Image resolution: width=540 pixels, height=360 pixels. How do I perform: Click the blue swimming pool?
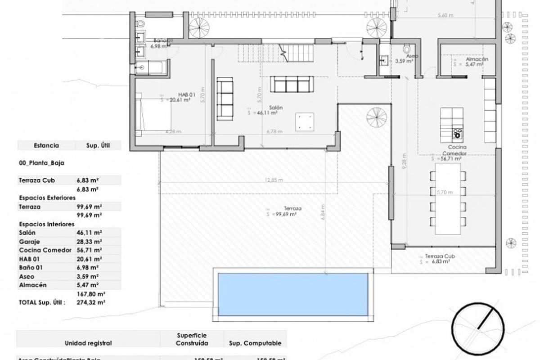pyautogui.click(x=293, y=293)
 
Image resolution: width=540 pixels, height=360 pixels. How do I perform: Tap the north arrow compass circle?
pyautogui.click(x=478, y=326)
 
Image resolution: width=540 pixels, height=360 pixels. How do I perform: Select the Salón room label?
pyautogui.click(x=276, y=108)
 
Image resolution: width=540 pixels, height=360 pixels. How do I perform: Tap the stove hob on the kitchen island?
pyautogui.click(x=458, y=133)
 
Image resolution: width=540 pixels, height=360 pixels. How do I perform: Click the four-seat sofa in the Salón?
pyautogui.click(x=292, y=84)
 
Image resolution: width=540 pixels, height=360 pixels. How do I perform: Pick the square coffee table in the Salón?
pyautogui.click(x=305, y=122)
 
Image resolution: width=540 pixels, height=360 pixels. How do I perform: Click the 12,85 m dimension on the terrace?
pyautogui.click(x=274, y=180)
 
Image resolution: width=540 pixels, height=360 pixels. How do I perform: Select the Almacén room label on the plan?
pyautogui.click(x=477, y=59)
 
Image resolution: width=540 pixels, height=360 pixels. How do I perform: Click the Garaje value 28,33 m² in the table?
pyautogui.click(x=89, y=242)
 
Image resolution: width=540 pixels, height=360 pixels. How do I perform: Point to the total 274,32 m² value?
pyautogui.click(x=91, y=302)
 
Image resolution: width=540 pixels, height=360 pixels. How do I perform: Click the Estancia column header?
pyautogui.click(x=46, y=145)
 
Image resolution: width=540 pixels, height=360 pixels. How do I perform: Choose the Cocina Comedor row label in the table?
pyautogui.click(x=45, y=250)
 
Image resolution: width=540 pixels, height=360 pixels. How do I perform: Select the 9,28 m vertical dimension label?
pyautogui.click(x=405, y=167)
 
